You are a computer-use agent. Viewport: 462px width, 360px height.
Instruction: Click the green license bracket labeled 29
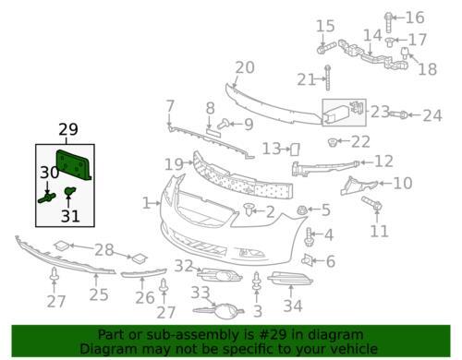(73, 165)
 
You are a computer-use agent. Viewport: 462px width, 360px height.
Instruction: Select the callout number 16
(415, 18)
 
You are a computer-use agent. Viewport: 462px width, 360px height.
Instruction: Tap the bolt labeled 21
(328, 78)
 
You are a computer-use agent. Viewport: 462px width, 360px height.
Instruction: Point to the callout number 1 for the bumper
(146, 203)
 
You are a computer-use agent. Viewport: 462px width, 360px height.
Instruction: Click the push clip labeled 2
(248, 210)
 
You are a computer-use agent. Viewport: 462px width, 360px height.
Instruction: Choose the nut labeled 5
(301, 210)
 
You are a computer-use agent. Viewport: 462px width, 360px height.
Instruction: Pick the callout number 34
(293, 306)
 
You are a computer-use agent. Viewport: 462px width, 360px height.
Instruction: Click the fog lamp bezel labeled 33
(218, 311)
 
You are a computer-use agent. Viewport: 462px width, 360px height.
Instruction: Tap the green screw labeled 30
(47, 198)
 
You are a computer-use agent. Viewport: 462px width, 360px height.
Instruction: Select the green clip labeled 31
(70, 191)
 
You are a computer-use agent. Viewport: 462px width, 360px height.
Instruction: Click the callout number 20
(245, 67)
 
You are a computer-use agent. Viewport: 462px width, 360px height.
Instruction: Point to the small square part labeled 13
(295, 150)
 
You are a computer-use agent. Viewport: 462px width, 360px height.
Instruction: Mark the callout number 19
(175, 164)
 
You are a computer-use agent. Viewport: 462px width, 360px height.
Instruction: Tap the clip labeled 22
(332, 142)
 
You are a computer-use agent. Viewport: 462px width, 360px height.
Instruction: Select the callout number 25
(99, 294)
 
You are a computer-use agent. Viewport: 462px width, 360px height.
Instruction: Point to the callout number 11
(380, 231)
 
